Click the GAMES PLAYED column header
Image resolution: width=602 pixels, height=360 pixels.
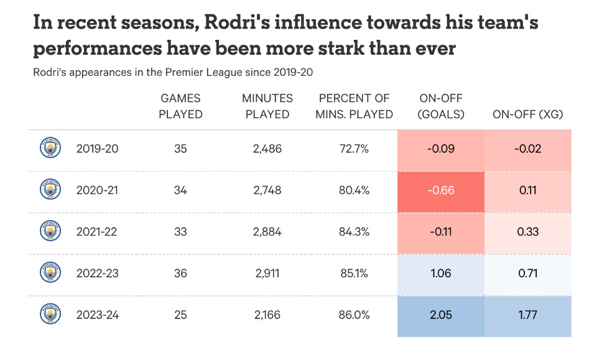[180, 106]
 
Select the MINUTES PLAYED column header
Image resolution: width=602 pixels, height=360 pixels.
[267, 106]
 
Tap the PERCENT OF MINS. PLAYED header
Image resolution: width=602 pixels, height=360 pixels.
[354, 106]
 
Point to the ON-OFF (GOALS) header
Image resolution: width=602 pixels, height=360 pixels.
[440, 106]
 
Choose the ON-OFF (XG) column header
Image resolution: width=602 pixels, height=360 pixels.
[528, 114]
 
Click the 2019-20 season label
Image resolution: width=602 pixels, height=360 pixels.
[97, 149]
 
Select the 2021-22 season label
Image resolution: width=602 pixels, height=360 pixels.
[97, 232]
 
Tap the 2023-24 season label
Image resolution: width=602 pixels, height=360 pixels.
[97, 315]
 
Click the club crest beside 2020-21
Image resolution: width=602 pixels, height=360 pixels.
[50, 190]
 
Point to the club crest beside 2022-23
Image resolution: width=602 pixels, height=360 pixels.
[50, 273]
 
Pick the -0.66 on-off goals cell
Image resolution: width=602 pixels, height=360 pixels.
[440, 190]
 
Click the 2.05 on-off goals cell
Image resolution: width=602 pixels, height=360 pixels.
[440, 315]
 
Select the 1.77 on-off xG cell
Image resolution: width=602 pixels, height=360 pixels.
[528, 315]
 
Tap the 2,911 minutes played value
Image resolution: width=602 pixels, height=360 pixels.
[267, 274]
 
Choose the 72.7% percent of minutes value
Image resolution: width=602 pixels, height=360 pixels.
[354, 149]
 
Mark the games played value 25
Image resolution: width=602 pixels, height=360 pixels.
[180, 315]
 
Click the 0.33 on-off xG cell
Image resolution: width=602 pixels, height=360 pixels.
[528, 232]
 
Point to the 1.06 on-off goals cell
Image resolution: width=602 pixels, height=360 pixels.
[440, 274]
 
